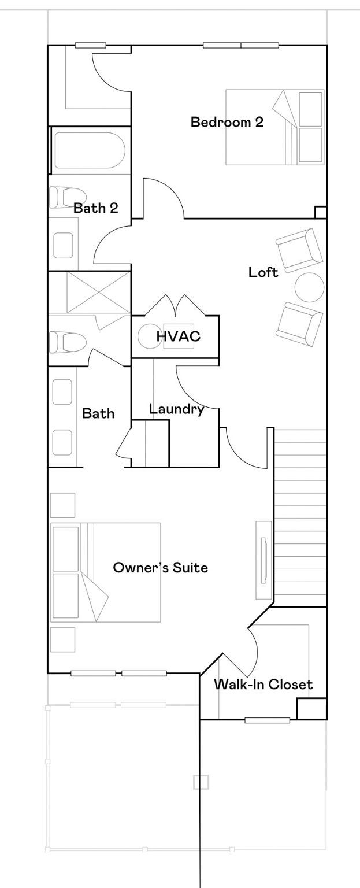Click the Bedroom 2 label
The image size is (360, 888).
click(x=227, y=122)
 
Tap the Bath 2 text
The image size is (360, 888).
click(x=96, y=208)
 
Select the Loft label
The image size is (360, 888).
click(x=263, y=272)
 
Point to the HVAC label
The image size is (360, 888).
click(x=178, y=336)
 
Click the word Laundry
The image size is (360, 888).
click(x=177, y=409)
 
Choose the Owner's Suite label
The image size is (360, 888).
click(x=161, y=567)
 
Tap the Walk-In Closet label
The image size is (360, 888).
click(x=263, y=684)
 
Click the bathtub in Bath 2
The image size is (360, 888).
click(x=90, y=151)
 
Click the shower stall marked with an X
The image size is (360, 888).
click(x=98, y=293)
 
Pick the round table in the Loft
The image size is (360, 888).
click(x=309, y=287)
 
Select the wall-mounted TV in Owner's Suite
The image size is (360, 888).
click(x=263, y=560)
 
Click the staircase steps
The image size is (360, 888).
click(x=300, y=518)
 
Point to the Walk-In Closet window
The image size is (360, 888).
click(x=267, y=720)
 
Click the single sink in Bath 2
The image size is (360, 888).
click(x=63, y=245)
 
